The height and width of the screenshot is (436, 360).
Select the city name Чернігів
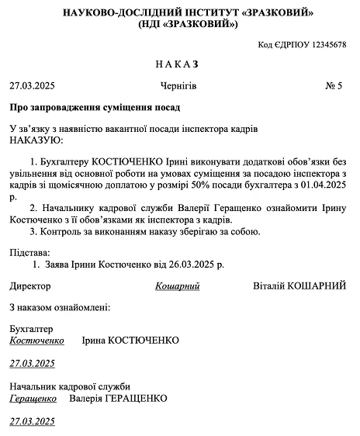tap(178, 85)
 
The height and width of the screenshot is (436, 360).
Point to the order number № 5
tap(334, 85)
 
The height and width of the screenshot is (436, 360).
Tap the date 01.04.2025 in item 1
tap(317, 186)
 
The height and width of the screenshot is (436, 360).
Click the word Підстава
tap(29, 253)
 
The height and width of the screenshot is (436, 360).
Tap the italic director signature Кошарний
tap(178, 286)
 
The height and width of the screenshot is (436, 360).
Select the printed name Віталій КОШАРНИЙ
tap(299, 286)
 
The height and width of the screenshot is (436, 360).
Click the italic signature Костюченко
tap(36, 341)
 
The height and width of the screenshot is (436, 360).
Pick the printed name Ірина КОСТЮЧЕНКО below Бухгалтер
tap(130, 341)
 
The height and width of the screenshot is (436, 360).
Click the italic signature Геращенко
tap(33, 399)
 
